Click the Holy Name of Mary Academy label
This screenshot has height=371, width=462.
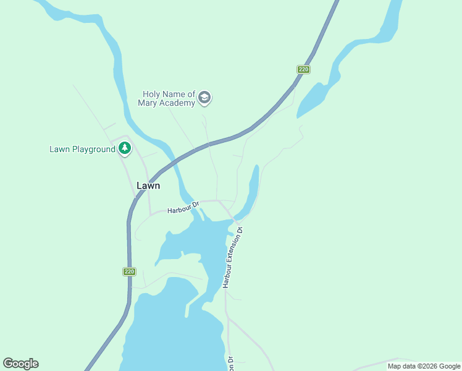[168, 98]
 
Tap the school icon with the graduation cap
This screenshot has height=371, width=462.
[204, 98]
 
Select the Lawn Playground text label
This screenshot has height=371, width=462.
[82, 149]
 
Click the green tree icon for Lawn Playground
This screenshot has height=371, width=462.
[125, 148]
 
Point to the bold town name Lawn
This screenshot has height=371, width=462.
[148, 185]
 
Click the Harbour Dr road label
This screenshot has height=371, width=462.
[183, 207]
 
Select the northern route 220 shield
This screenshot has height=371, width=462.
[303, 69]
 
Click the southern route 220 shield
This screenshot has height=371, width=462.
[128, 271]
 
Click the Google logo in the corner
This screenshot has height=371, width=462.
[20, 364]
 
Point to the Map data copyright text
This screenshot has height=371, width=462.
[423, 366]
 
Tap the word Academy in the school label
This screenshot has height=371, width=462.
[177, 103]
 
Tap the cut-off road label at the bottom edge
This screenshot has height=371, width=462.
[230, 364]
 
